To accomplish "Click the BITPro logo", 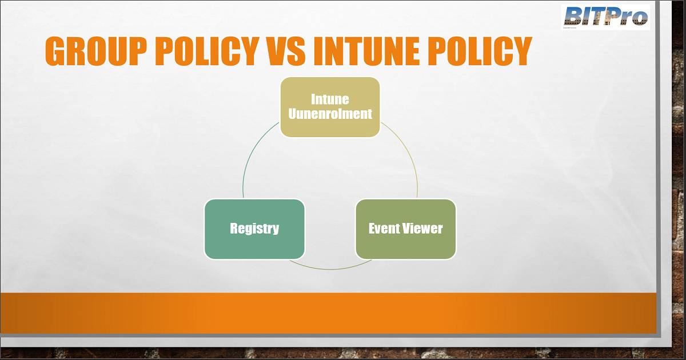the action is [x=606, y=17].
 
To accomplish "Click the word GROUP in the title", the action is [x=96, y=51].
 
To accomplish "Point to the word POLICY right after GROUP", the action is [x=208, y=51].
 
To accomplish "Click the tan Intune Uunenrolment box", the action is [x=330, y=107].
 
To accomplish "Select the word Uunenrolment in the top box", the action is [x=330, y=114].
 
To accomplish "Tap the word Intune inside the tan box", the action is [x=330, y=99].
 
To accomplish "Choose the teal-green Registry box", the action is [x=254, y=229].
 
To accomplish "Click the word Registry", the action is [x=254, y=229].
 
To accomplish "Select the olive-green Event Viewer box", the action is [x=406, y=229].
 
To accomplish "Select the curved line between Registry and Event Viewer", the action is [x=330, y=269].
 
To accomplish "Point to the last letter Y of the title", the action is [x=521, y=51].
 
